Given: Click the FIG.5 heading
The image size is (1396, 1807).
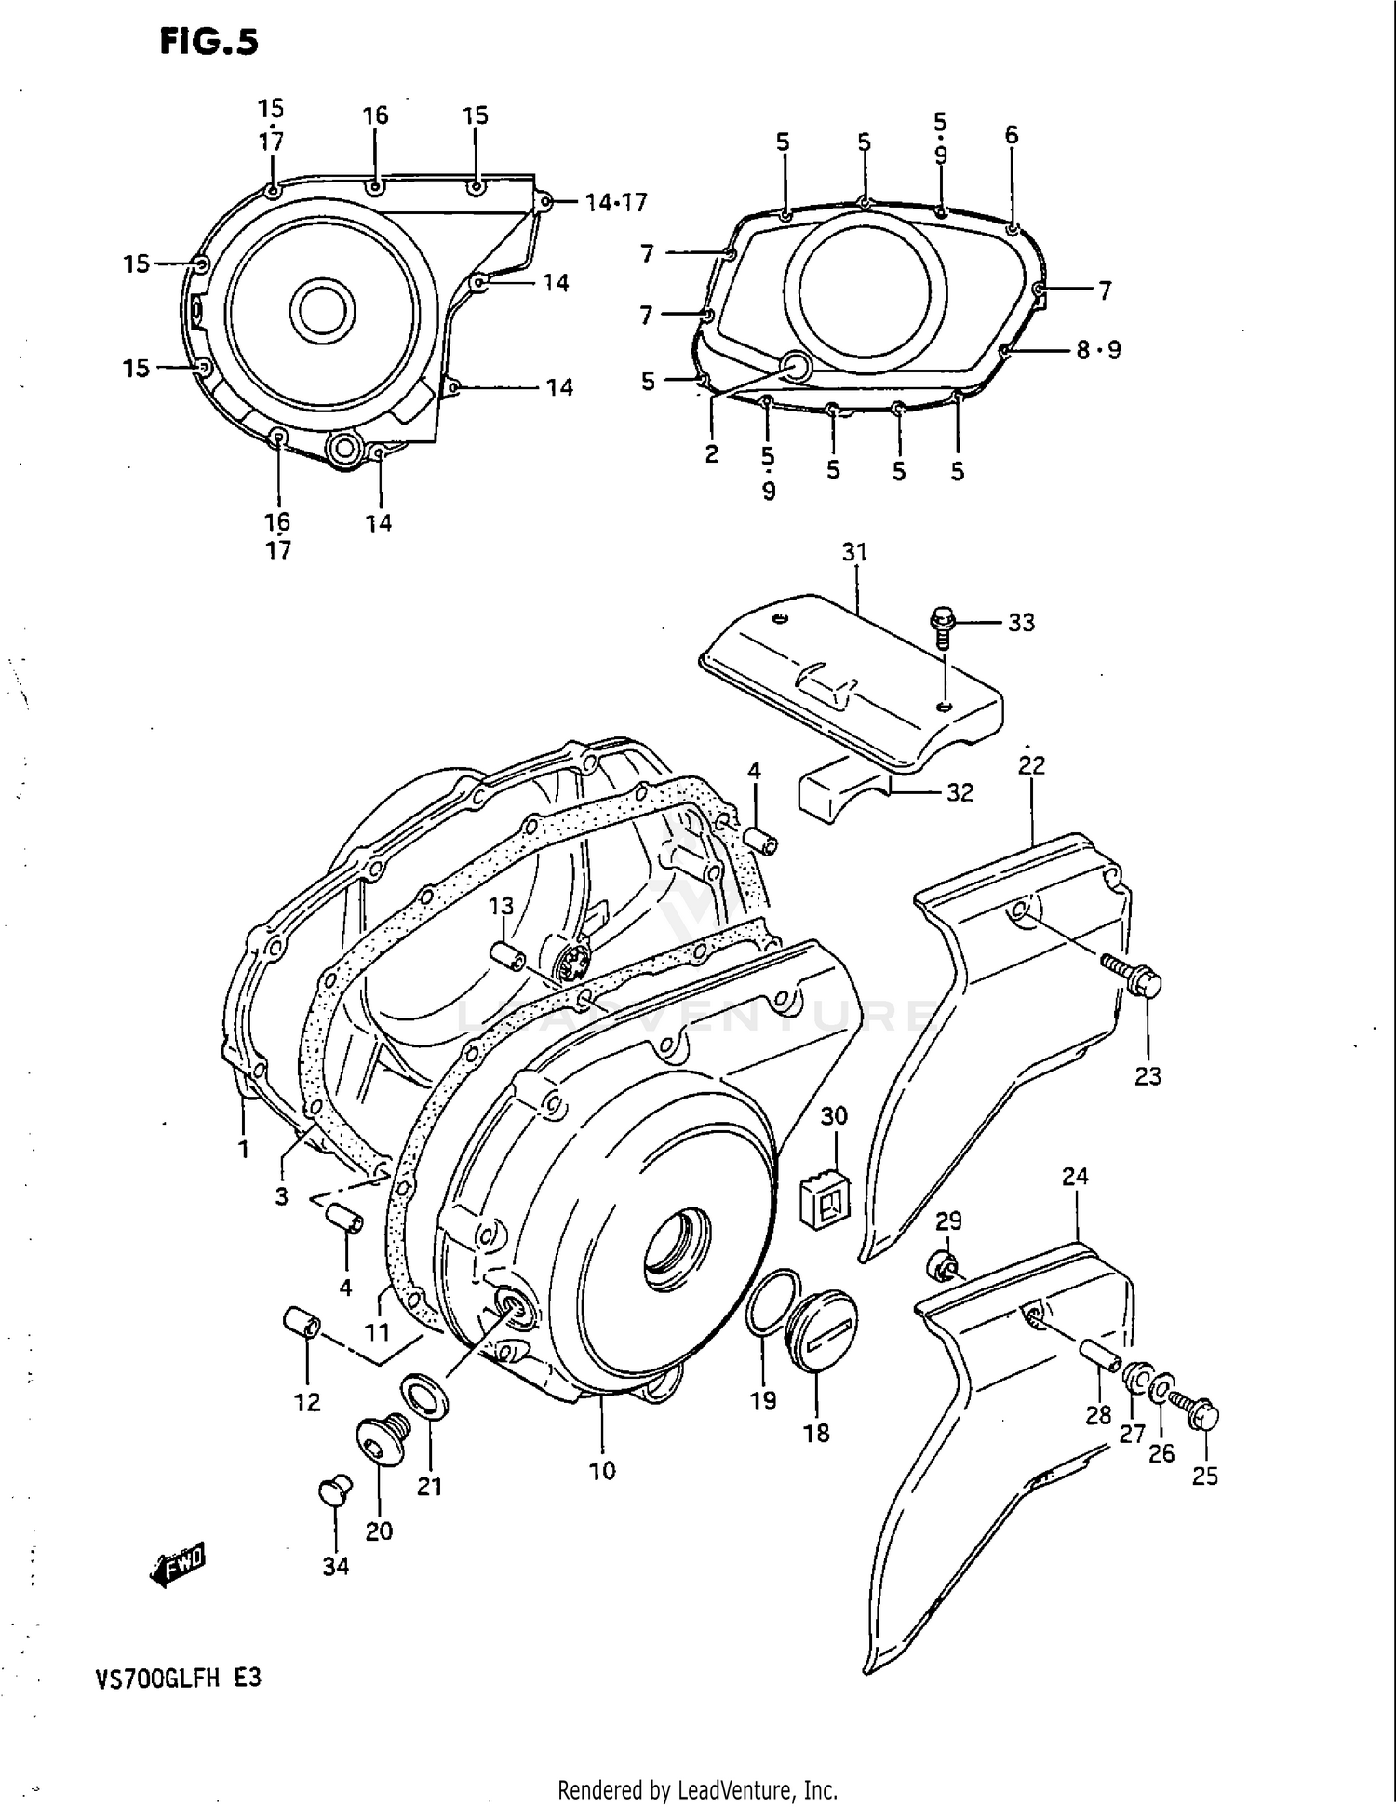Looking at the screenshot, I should (x=208, y=41).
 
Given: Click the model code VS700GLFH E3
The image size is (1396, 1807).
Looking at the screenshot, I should (x=177, y=1677).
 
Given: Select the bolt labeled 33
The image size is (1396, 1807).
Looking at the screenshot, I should (x=942, y=626).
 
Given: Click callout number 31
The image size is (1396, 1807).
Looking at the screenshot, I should (x=854, y=552).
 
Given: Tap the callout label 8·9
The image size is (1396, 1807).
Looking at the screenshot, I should (x=1098, y=350).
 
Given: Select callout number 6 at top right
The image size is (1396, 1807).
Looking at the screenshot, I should (x=1012, y=135).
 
